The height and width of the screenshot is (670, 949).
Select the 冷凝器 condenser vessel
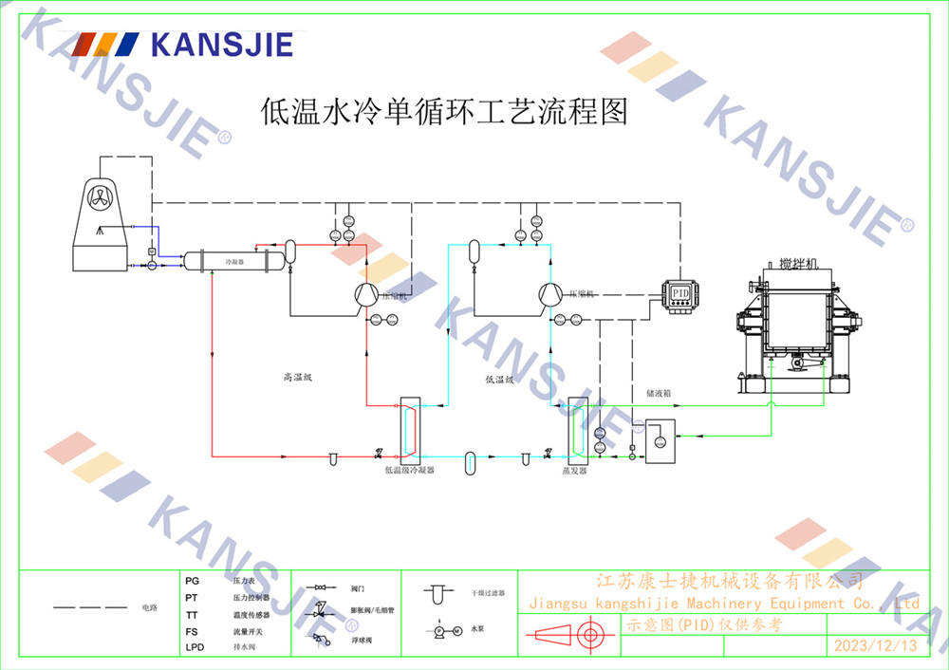coord(233,260)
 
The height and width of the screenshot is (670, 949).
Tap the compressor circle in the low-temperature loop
coord(549,295)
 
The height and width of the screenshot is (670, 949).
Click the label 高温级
coord(297,377)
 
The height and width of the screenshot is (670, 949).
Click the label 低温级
coord(499,379)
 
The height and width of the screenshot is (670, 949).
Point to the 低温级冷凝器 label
coord(409,470)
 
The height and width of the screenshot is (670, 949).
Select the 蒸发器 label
coord(574,470)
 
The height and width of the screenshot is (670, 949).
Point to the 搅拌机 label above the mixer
coord(797,263)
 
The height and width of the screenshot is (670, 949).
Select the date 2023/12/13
coord(875,645)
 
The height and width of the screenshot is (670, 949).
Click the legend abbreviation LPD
coord(195,647)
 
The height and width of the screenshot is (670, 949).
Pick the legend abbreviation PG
coord(192,580)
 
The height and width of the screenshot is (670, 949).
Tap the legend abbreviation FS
coord(192,631)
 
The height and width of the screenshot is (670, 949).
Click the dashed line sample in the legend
coord(89,606)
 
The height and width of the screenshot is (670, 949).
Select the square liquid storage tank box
coord(661,440)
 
